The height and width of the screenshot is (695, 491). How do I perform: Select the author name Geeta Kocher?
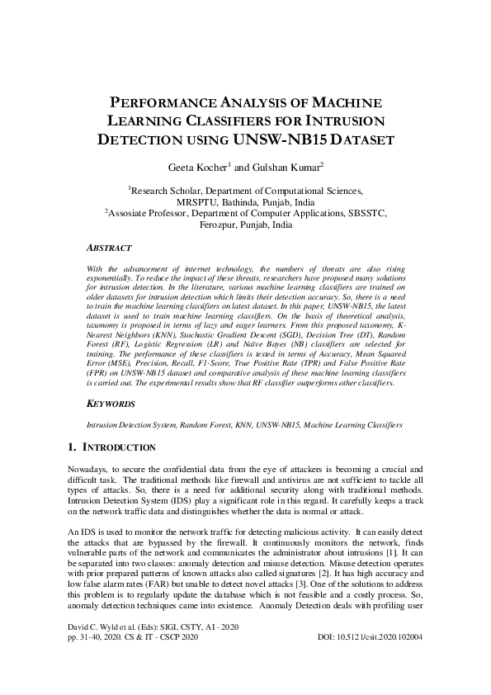196,168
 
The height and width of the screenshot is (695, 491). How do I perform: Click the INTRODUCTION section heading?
118,447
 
